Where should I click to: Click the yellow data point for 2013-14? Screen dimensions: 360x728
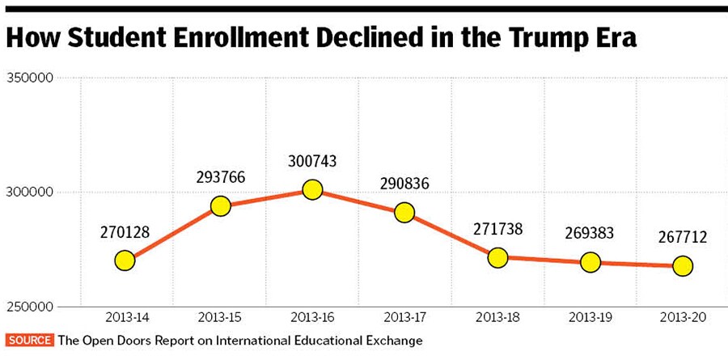[x=125, y=260]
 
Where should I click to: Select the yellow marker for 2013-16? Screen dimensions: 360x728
[x=312, y=190]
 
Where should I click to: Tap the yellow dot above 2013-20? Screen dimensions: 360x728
[x=683, y=265]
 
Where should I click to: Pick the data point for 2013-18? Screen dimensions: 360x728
[x=497, y=257]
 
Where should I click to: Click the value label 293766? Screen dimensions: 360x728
[x=219, y=178]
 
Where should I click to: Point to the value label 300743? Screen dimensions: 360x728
[x=312, y=162]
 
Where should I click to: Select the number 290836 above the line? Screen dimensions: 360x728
[x=404, y=185]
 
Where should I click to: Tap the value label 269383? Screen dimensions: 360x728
[x=590, y=234]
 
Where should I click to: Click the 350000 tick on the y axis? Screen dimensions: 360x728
[x=30, y=78]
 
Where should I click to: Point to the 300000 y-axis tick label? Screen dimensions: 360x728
[x=30, y=193]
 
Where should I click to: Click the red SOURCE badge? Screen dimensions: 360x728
[x=29, y=341]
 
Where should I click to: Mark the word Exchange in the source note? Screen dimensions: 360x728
[x=394, y=341]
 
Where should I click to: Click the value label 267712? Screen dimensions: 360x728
[x=683, y=238]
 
